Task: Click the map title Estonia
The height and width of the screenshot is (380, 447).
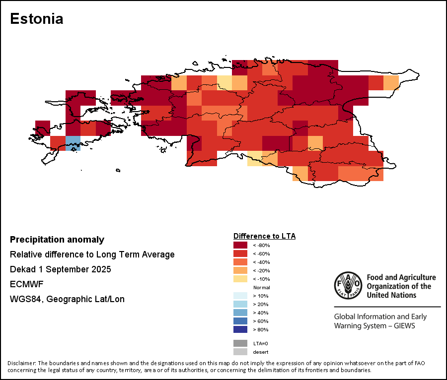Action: (37, 19)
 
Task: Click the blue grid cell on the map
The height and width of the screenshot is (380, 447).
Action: (73, 143)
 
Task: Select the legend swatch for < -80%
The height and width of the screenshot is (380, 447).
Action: (240, 245)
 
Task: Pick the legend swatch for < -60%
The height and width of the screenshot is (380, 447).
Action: (240, 253)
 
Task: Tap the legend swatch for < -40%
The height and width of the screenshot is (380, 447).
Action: (240, 262)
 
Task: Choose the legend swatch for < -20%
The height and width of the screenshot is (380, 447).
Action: (240, 270)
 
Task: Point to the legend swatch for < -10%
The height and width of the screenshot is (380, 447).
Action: (240, 279)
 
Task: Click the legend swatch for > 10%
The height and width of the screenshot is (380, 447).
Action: (240, 296)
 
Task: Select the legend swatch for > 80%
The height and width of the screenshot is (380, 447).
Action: (240, 329)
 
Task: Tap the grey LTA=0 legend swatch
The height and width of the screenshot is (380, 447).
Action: (240, 343)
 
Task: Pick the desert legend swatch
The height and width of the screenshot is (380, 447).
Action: (240, 352)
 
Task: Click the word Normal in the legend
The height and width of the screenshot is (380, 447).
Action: (261, 288)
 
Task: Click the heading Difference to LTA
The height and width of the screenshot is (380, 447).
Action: (264, 236)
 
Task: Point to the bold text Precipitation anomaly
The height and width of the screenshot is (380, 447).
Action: (57, 240)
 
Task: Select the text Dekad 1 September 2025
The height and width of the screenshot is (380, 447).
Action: (60, 269)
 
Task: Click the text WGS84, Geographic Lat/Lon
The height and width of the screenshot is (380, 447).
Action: (67, 299)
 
